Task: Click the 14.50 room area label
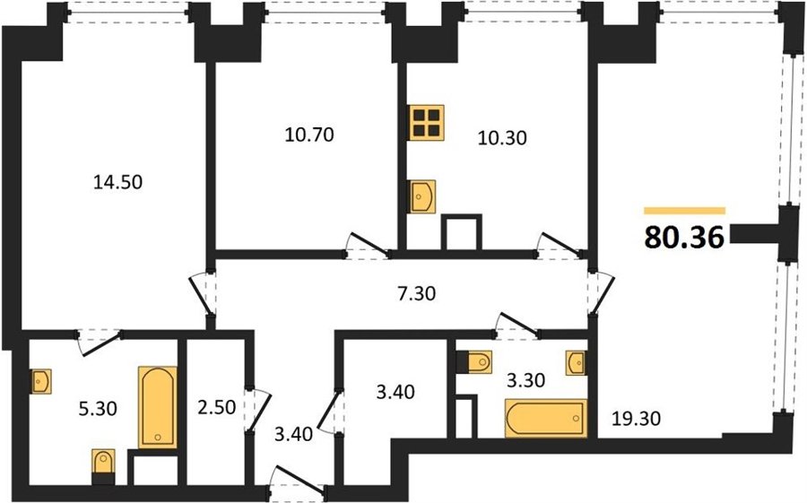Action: click(x=117, y=182)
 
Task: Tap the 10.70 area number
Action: click(x=309, y=134)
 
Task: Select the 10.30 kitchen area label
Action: click(x=502, y=138)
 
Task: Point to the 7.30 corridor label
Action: click(x=416, y=293)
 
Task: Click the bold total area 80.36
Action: click(x=684, y=238)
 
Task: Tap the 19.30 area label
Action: click(x=636, y=419)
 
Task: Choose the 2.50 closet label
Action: click(x=217, y=408)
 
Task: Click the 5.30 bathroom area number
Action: click(x=97, y=408)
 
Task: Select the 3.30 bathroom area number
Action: click(x=525, y=381)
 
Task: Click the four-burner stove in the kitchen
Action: click(x=427, y=123)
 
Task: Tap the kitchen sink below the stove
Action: click(x=422, y=196)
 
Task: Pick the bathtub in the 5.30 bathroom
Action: click(x=158, y=407)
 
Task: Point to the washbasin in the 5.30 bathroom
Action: click(x=40, y=381)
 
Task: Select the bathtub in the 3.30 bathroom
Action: click(x=546, y=418)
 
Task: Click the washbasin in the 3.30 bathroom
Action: click(x=576, y=363)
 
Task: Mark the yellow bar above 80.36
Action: click(x=684, y=211)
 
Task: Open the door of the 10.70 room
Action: click(x=367, y=246)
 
